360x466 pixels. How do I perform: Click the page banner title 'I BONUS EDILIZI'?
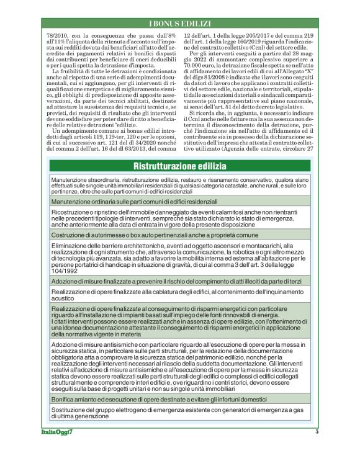[x=179, y=23]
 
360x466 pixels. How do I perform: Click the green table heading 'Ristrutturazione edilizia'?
[x=180, y=165]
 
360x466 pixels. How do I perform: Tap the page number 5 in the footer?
[x=317, y=432]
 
